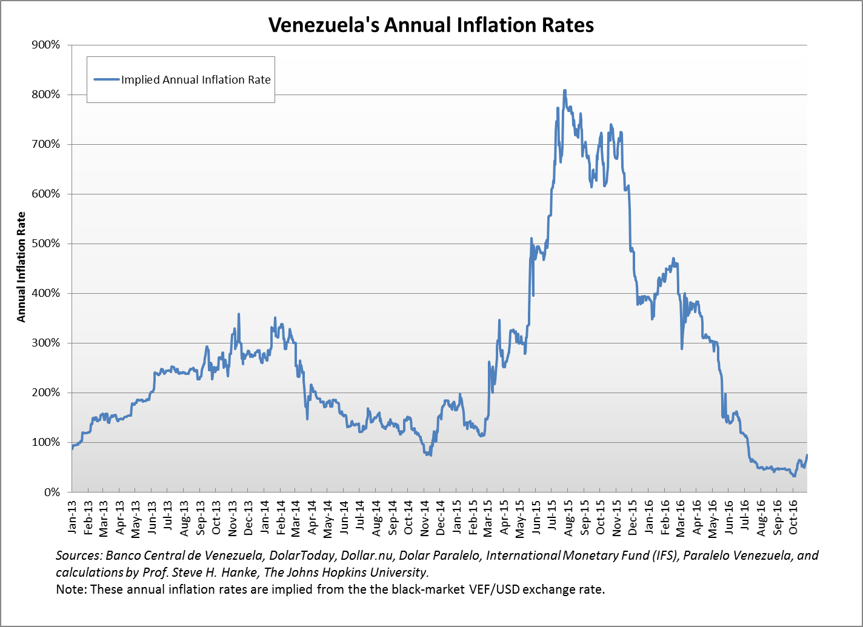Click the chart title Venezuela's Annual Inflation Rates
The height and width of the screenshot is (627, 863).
point(431,25)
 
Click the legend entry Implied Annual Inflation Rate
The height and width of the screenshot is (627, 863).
point(196,79)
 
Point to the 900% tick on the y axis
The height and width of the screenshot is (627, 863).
point(48,45)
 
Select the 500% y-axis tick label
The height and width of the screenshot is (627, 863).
point(48,244)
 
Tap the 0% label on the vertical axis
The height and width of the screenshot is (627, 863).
point(53,492)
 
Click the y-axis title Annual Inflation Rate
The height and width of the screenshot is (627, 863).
point(21,267)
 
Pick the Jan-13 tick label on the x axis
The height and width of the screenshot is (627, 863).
point(73,515)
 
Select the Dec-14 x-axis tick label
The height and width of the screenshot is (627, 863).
point(441,515)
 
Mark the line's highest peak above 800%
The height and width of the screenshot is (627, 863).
point(565,90)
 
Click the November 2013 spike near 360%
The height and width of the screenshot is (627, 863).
point(239,314)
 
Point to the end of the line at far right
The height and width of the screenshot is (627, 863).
point(807,456)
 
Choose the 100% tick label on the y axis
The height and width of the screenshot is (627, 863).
point(48,442)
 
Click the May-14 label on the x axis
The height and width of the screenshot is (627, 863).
point(328,515)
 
